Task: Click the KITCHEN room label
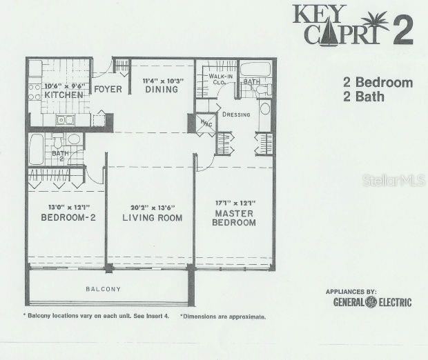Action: point(60,95)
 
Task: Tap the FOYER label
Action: point(108,89)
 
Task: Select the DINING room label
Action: point(161,89)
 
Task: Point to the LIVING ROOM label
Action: point(152,218)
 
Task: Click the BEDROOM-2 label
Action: point(60,218)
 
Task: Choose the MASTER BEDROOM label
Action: point(233,218)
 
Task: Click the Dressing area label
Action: point(236,114)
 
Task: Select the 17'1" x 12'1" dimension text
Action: point(235,203)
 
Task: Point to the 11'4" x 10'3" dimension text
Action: point(161,81)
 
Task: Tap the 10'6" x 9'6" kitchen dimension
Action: point(60,86)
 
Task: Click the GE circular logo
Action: point(371,302)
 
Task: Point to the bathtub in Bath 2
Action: point(37,150)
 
